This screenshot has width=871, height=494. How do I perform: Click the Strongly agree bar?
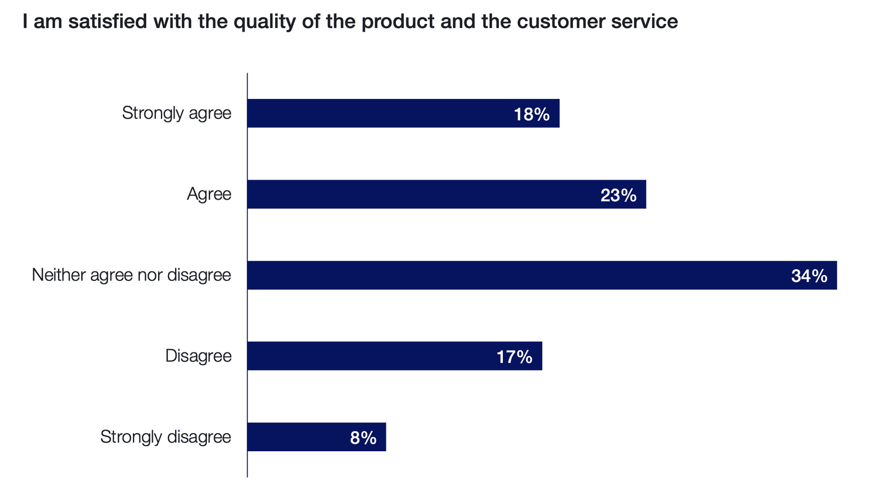point(403,113)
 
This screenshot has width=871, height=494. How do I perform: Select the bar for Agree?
point(447,194)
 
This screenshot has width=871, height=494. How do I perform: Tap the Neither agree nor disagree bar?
point(542,275)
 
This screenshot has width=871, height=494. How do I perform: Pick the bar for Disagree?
point(395,356)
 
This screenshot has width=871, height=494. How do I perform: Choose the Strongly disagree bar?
point(317,437)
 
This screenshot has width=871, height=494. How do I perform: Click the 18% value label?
point(531,114)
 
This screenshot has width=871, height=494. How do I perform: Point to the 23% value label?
point(618,195)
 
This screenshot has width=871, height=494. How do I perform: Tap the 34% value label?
point(809,276)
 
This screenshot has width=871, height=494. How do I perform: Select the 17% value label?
point(515,357)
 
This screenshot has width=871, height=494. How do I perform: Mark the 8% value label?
point(363,438)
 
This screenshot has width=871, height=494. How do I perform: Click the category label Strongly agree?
point(177,113)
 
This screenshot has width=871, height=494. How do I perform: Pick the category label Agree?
point(209,194)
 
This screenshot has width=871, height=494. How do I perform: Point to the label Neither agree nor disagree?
point(132,275)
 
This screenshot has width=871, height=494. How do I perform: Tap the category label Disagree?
point(198,356)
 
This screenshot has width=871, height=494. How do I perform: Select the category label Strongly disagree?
point(166,437)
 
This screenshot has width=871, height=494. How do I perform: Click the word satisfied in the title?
point(108,21)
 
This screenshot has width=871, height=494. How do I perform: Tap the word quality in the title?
point(265,22)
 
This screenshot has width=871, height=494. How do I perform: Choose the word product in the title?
point(398,22)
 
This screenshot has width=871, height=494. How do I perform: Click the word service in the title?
point(644,22)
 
